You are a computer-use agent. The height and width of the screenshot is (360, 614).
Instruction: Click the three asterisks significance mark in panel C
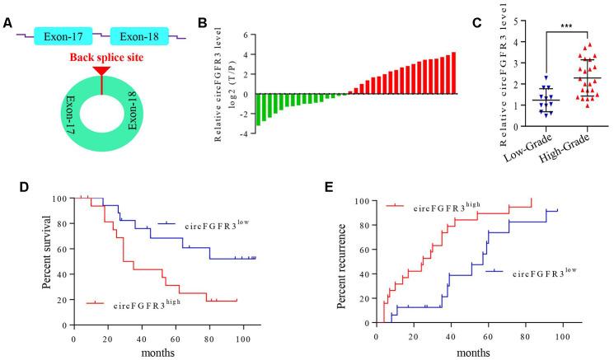click(566, 28)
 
